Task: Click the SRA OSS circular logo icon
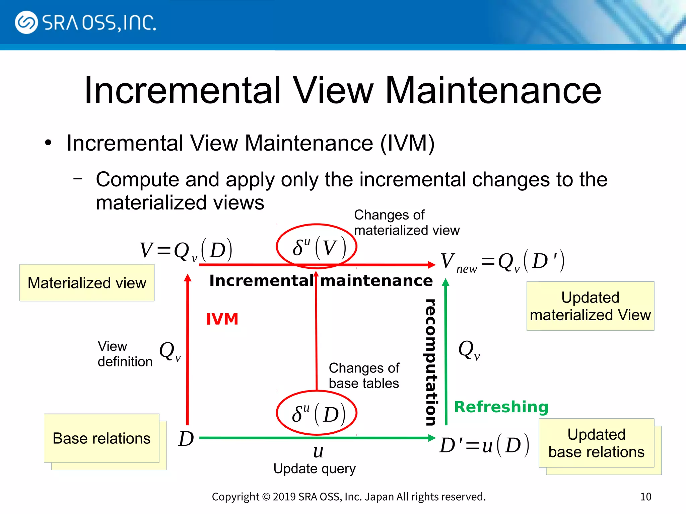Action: click(x=26, y=22)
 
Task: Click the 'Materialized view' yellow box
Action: click(x=87, y=283)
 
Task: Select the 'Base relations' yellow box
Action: click(x=101, y=438)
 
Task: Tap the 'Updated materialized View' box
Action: click(x=590, y=306)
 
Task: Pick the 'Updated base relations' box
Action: click(x=596, y=443)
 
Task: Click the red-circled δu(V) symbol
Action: click(x=317, y=247)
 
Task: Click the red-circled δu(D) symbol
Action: click(x=317, y=413)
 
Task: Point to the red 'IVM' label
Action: click(x=222, y=319)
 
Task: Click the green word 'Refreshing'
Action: click(x=501, y=407)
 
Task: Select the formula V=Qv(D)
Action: click(x=186, y=250)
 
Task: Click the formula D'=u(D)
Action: click(x=484, y=445)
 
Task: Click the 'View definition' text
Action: click(x=125, y=354)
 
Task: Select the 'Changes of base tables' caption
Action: click(x=364, y=375)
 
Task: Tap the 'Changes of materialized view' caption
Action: click(x=406, y=223)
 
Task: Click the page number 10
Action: click(x=645, y=497)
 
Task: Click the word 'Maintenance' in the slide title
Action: click(x=493, y=90)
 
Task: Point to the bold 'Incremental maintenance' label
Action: click(x=321, y=280)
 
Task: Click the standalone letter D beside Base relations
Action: click(x=186, y=438)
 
